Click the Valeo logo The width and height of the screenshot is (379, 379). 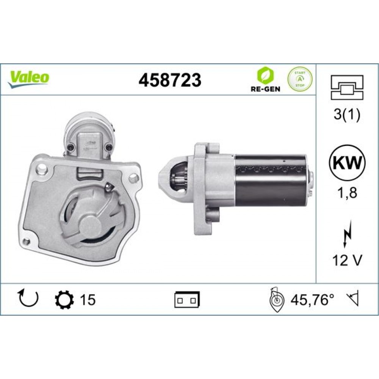point(29,78)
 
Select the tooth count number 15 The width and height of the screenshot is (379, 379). point(88,300)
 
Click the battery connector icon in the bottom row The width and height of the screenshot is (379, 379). point(187,300)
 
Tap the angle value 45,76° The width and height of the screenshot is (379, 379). point(312,300)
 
